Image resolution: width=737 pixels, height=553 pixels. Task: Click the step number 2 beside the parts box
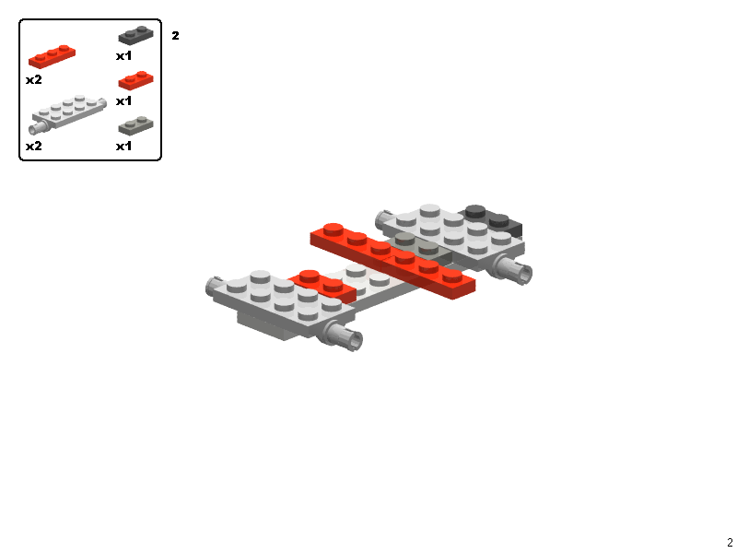click(175, 36)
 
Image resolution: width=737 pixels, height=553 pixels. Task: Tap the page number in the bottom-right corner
click(730, 543)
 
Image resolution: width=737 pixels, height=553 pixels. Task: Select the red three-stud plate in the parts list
click(52, 56)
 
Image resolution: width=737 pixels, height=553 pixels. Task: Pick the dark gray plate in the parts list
click(135, 36)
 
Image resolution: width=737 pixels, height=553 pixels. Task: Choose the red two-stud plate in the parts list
click(136, 80)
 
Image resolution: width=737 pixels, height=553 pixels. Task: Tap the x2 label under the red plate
click(33, 80)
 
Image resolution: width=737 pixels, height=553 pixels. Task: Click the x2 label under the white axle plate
click(33, 147)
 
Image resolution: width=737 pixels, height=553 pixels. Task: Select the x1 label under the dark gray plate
click(124, 56)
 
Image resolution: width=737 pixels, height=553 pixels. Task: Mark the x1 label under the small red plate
click(124, 101)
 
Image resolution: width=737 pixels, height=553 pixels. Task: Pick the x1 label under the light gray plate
click(124, 147)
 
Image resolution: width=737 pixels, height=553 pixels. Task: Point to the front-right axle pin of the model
click(345, 338)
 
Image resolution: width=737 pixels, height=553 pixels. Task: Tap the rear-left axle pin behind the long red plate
click(381, 218)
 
